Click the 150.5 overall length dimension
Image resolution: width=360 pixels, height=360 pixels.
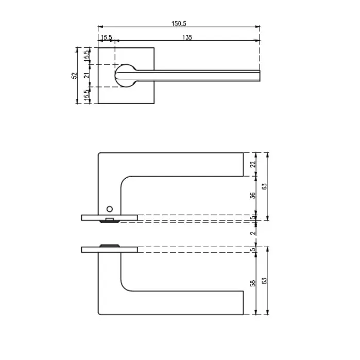179,24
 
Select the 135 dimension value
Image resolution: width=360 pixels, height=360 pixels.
187,38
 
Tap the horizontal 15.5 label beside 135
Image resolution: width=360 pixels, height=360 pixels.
107,37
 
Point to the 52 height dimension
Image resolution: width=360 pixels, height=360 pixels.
74,76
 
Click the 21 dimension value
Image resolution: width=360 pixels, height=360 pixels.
87,75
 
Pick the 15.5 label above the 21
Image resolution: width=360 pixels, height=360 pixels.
87,56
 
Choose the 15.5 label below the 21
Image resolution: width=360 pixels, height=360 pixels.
87,94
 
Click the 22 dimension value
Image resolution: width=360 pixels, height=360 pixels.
253,164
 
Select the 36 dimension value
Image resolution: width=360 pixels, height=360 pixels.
252,195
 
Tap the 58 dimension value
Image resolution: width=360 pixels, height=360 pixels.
252,283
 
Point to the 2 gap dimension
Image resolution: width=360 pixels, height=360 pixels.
253,233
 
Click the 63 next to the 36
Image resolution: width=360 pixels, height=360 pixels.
265,186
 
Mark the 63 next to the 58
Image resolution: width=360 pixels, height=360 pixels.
265,281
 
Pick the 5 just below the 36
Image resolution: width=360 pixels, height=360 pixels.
252,217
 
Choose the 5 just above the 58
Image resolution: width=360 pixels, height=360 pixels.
252,250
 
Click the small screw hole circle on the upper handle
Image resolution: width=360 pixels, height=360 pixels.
110,209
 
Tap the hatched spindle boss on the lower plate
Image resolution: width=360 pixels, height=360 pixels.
110,246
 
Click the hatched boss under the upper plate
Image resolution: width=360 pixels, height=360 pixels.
110,221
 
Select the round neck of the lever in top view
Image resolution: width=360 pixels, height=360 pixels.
126,76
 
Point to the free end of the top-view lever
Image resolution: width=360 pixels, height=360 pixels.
260,76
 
